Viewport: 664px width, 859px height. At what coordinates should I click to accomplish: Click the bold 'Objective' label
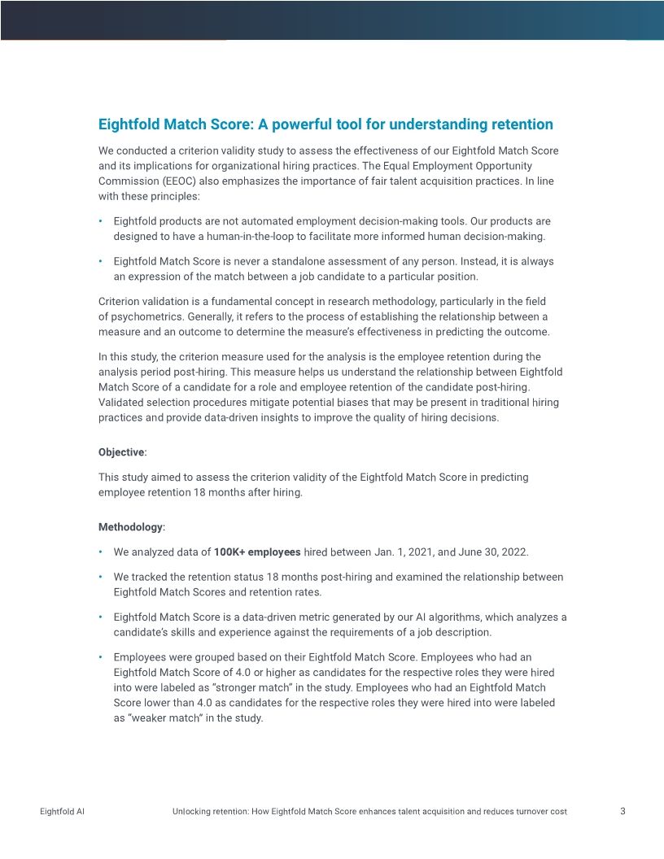click(121, 452)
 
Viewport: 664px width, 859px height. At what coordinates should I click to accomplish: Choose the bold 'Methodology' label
click(130, 527)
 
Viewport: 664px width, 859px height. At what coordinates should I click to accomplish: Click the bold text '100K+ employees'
click(256, 552)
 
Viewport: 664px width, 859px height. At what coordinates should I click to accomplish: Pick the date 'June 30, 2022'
click(493, 552)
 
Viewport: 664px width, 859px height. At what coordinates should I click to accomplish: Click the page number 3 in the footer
click(622, 811)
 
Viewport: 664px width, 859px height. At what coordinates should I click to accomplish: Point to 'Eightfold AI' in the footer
click(62, 812)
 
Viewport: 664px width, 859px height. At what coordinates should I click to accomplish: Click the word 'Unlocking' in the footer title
click(192, 812)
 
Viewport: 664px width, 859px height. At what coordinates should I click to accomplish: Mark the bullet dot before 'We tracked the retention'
click(100, 578)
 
